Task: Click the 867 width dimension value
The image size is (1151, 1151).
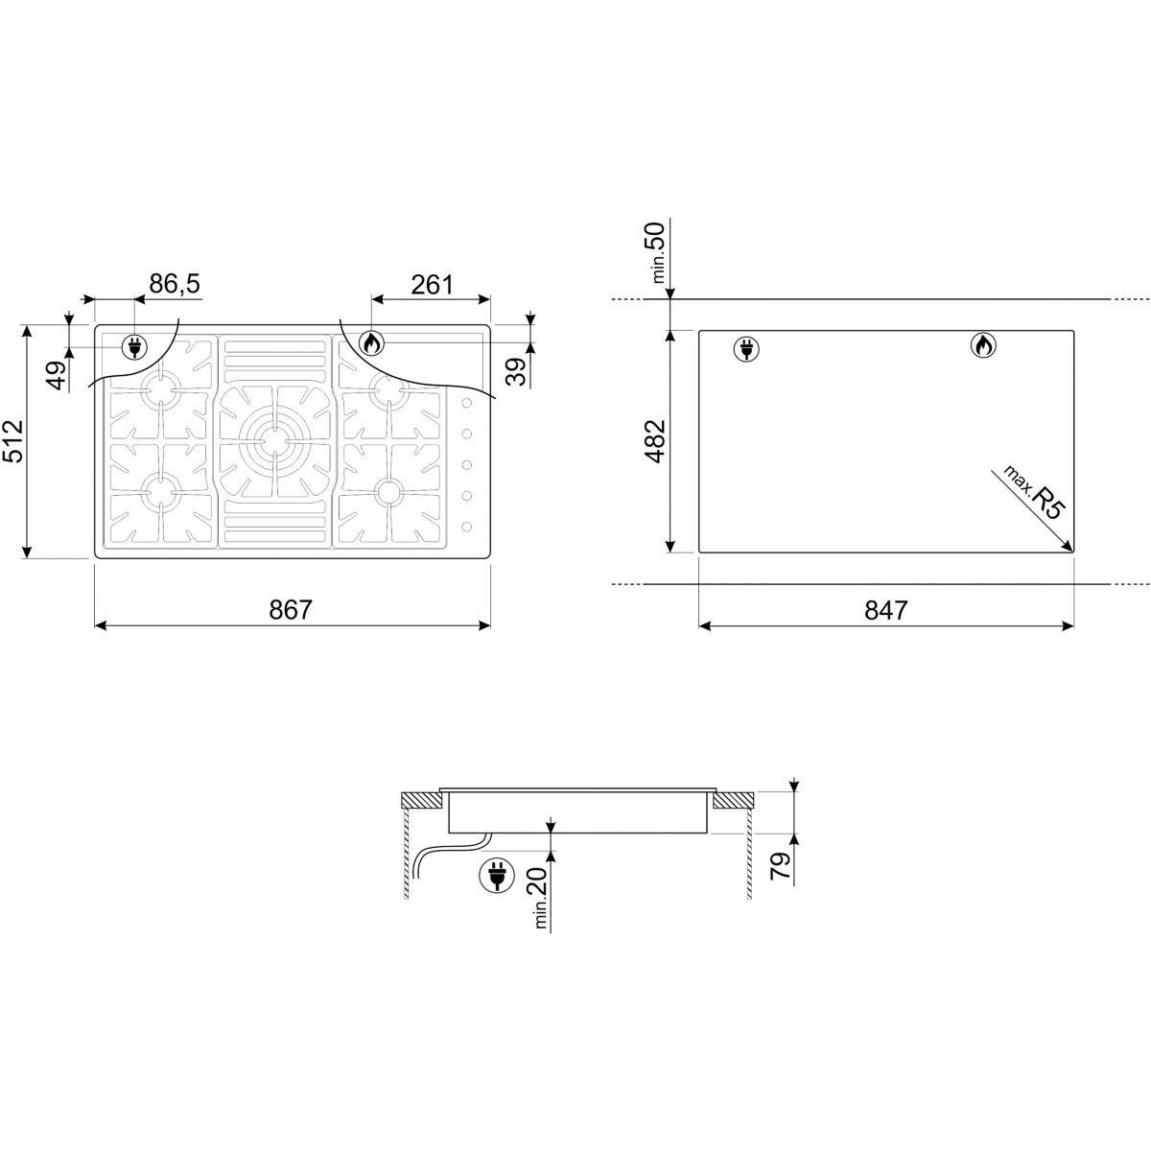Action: (291, 610)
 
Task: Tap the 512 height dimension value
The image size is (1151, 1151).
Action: (13, 441)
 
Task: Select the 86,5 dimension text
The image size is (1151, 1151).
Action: (175, 284)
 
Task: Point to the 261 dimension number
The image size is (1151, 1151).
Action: (432, 285)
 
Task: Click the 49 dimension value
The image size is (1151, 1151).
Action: (58, 375)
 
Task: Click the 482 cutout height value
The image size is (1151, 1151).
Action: (655, 441)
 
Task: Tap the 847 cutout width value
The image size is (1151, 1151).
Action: (886, 610)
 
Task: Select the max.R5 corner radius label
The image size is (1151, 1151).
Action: (1033, 493)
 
